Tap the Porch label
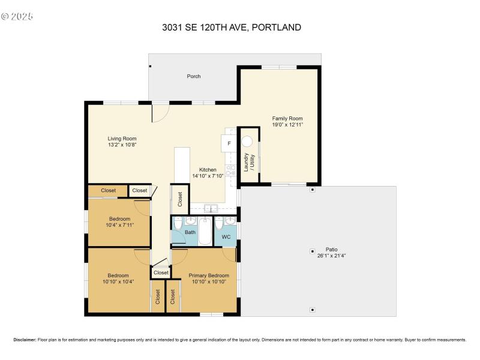click(194, 76)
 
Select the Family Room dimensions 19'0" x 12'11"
click(287, 125)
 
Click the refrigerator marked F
click(229, 144)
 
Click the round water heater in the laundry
click(248, 142)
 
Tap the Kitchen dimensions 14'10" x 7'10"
click(208, 176)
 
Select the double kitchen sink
click(211, 209)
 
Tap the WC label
click(226, 237)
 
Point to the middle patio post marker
click(312, 251)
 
